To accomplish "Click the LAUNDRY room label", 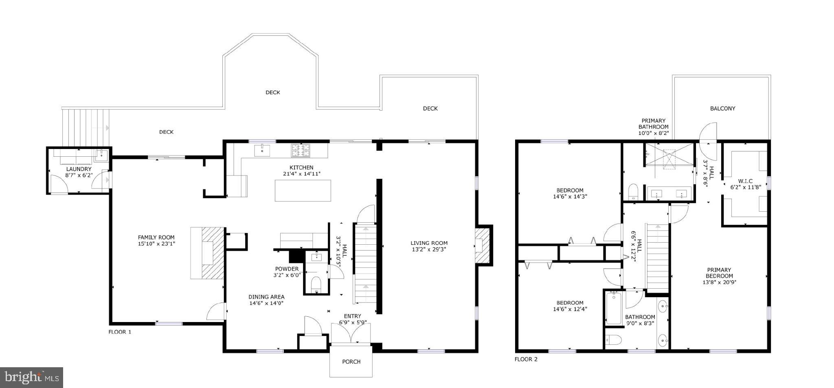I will pyautogui.click(x=79, y=169).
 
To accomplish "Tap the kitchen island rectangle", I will pyautogui.click(x=303, y=191).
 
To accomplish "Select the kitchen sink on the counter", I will pyautogui.click(x=262, y=151).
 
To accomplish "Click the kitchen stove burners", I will pyautogui.click(x=301, y=151).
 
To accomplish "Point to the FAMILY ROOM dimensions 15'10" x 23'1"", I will pyautogui.click(x=156, y=244).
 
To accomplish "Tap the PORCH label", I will pyautogui.click(x=351, y=362).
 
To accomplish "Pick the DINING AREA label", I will pyautogui.click(x=266, y=297).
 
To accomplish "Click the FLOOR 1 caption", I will pyautogui.click(x=120, y=332).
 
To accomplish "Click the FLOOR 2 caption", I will pyautogui.click(x=526, y=359).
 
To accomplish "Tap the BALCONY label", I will pyautogui.click(x=722, y=108).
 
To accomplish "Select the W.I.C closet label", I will pyautogui.click(x=745, y=181).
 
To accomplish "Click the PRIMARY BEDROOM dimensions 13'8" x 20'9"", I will pyautogui.click(x=719, y=282).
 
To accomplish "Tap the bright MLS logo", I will pyautogui.click(x=31, y=378).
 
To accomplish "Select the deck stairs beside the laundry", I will pyautogui.click(x=86, y=126).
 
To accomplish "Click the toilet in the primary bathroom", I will pyautogui.click(x=633, y=191).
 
